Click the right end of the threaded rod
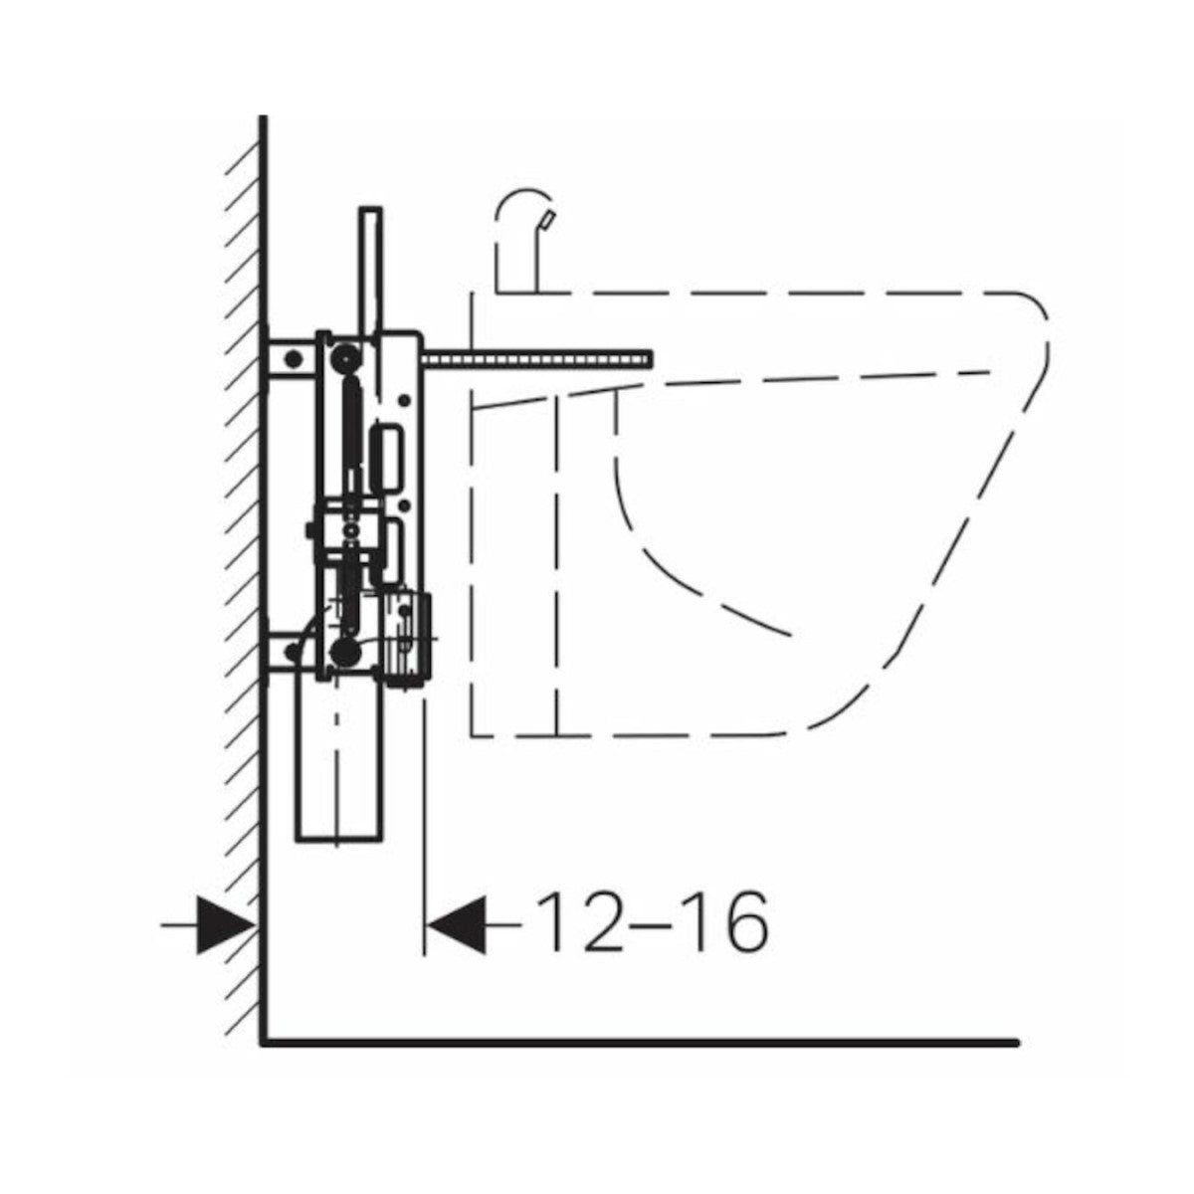pyautogui.click(x=652, y=359)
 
